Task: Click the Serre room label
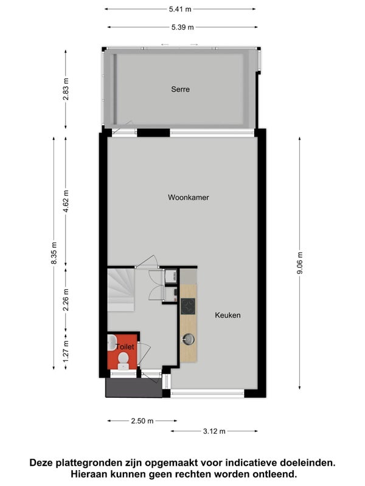[180, 89]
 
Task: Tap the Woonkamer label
[189, 197]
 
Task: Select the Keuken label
[228, 315]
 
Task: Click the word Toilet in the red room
[125, 347]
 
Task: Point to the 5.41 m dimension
[180, 9]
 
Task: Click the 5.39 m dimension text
[182, 27]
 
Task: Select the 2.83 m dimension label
[66, 89]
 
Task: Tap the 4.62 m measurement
[66, 202]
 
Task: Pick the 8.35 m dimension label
[54, 253]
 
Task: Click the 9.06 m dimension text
[300, 263]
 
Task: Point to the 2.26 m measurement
[66, 299]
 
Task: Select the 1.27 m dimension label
[66, 351]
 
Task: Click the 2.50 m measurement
[142, 421]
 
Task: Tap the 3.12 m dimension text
[214, 431]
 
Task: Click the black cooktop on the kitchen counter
[188, 306]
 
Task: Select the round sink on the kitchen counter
[188, 339]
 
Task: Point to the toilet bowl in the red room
[123, 360]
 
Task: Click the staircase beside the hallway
[121, 290]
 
